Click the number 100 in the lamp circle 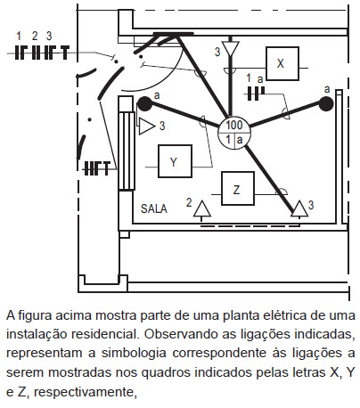coord(234,125)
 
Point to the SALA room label coord(154,208)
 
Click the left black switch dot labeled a coord(144,104)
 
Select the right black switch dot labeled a coord(326,104)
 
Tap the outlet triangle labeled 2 coord(202,209)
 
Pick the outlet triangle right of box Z coord(299,208)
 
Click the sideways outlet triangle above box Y coord(147,126)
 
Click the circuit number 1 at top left coord(19,37)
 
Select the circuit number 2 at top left coord(35,37)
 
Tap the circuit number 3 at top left coord(49,37)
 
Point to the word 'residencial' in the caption coord(104,334)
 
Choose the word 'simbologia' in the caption coord(134,354)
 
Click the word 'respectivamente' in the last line coord(85,392)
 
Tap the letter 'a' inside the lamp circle coord(240,140)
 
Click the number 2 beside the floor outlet coord(189,203)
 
